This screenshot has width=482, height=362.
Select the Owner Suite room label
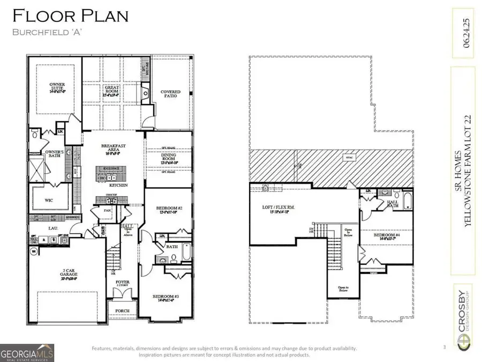57,87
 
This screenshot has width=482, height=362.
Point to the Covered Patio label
171,94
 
